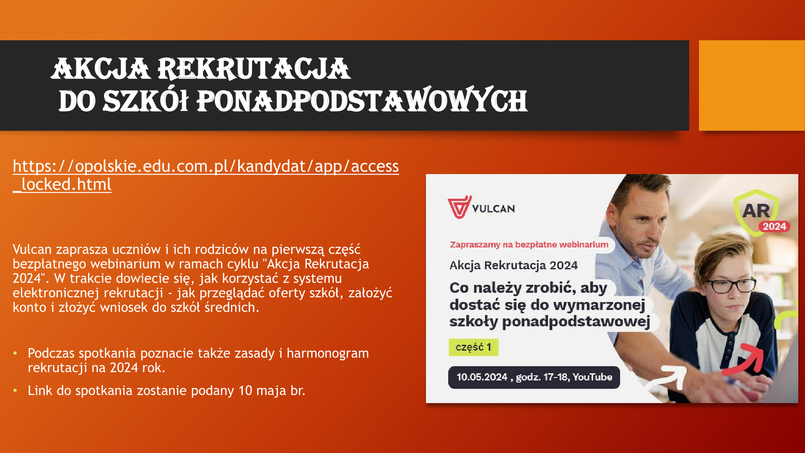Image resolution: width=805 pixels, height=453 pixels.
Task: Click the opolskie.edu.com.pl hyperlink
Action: click(205, 175)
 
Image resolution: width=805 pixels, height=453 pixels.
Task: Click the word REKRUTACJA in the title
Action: click(254, 69)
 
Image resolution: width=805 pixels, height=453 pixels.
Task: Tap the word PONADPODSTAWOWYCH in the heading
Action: click(361, 101)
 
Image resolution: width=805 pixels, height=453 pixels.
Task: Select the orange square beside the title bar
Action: click(752, 85)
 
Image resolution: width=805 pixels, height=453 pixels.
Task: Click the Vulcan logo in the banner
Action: click(481, 207)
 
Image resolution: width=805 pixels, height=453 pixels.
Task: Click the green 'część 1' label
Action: click(473, 347)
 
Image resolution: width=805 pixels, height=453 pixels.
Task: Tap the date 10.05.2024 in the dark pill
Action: click(482, 377)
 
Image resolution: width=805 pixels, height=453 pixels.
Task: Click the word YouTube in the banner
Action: click(592, 377)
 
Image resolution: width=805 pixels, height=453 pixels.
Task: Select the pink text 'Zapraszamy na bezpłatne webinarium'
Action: click(529, 245)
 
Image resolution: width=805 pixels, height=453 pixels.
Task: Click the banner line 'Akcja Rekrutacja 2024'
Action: click(514, 266)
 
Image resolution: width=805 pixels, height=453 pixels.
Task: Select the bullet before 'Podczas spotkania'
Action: click(15, 354)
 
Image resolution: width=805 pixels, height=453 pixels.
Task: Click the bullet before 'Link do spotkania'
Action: click(15, 391)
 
